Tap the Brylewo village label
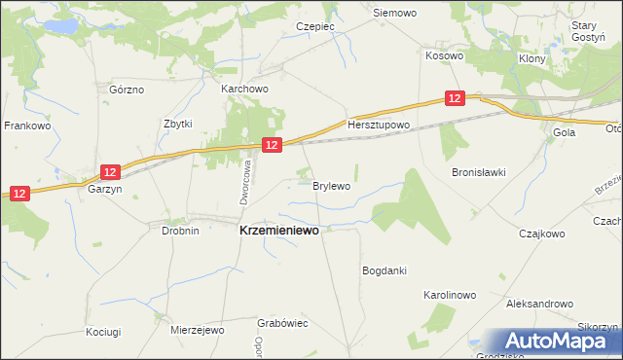[331, 184]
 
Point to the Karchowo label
[244, 89]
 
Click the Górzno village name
[127, 90]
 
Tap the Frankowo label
[26, 126]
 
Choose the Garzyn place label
[104, 191]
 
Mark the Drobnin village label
[180, 231]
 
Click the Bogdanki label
[384, 270]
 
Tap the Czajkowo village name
[542, 234]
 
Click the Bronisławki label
[478, 172]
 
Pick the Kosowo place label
[444, 55]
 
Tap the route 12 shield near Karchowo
[272, 144]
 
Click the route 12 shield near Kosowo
[456, 98]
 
